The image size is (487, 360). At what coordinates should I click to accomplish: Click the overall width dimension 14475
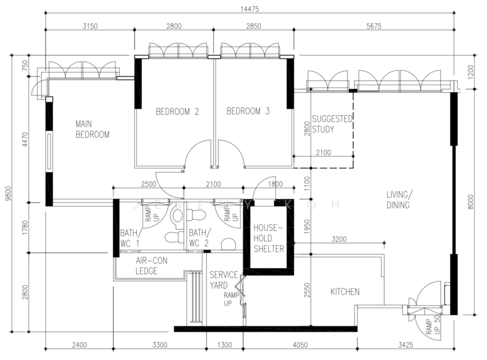click(250, 9)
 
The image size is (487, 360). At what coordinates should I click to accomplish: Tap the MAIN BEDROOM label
click(93, 129)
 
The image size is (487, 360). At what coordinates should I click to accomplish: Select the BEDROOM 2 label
click(177, 111)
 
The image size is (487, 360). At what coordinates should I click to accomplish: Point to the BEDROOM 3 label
click(248, 111)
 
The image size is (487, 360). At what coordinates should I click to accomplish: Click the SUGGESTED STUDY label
click(332, 124)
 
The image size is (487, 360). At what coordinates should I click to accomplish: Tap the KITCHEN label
click(345, 292)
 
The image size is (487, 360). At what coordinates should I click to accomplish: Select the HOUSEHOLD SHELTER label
click(269, 238)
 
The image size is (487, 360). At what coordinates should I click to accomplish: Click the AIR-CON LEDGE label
click(151, 266)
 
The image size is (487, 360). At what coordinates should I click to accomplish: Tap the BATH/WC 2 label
click(200, 238)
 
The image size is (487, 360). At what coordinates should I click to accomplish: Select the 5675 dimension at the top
click(374, 26)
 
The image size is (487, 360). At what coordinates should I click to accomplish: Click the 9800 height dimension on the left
click(8, 193)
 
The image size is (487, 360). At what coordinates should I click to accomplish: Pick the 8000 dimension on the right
click(471, 202)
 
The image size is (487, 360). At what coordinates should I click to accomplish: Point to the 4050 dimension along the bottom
click(300, 345)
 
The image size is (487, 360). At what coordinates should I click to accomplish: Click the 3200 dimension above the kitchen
click(339, 239)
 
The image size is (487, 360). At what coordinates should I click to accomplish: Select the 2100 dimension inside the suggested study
click(323, 153)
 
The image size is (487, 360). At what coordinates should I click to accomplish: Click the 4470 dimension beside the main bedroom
click(25, 139)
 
